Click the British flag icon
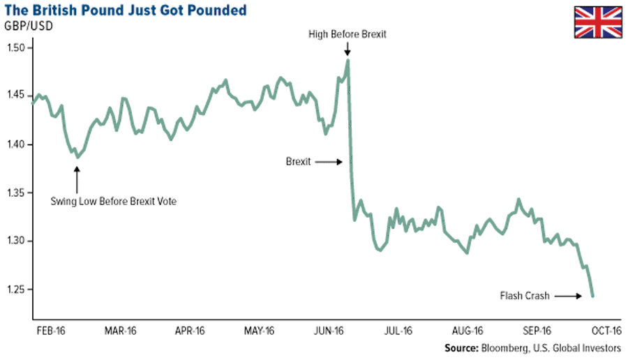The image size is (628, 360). tap(597, 22)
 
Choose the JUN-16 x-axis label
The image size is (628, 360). tap(330, 331)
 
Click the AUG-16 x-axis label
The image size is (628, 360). tap(468, 331)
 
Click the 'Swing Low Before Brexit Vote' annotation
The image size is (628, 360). tap(114, 202)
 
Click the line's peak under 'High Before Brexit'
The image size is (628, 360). tap(347, 61)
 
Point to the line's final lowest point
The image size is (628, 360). tap(592, 297)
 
